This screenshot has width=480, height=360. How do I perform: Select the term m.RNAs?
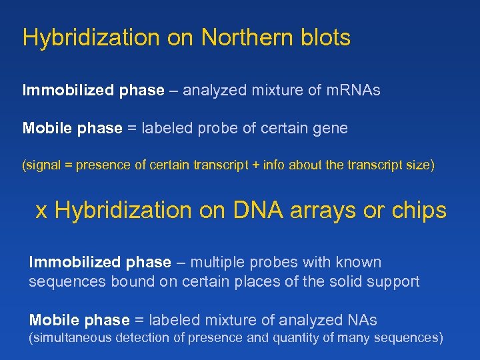coord(353,90)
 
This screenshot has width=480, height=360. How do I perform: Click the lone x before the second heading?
coord(41,211)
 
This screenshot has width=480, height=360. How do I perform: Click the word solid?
coord(343,281)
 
